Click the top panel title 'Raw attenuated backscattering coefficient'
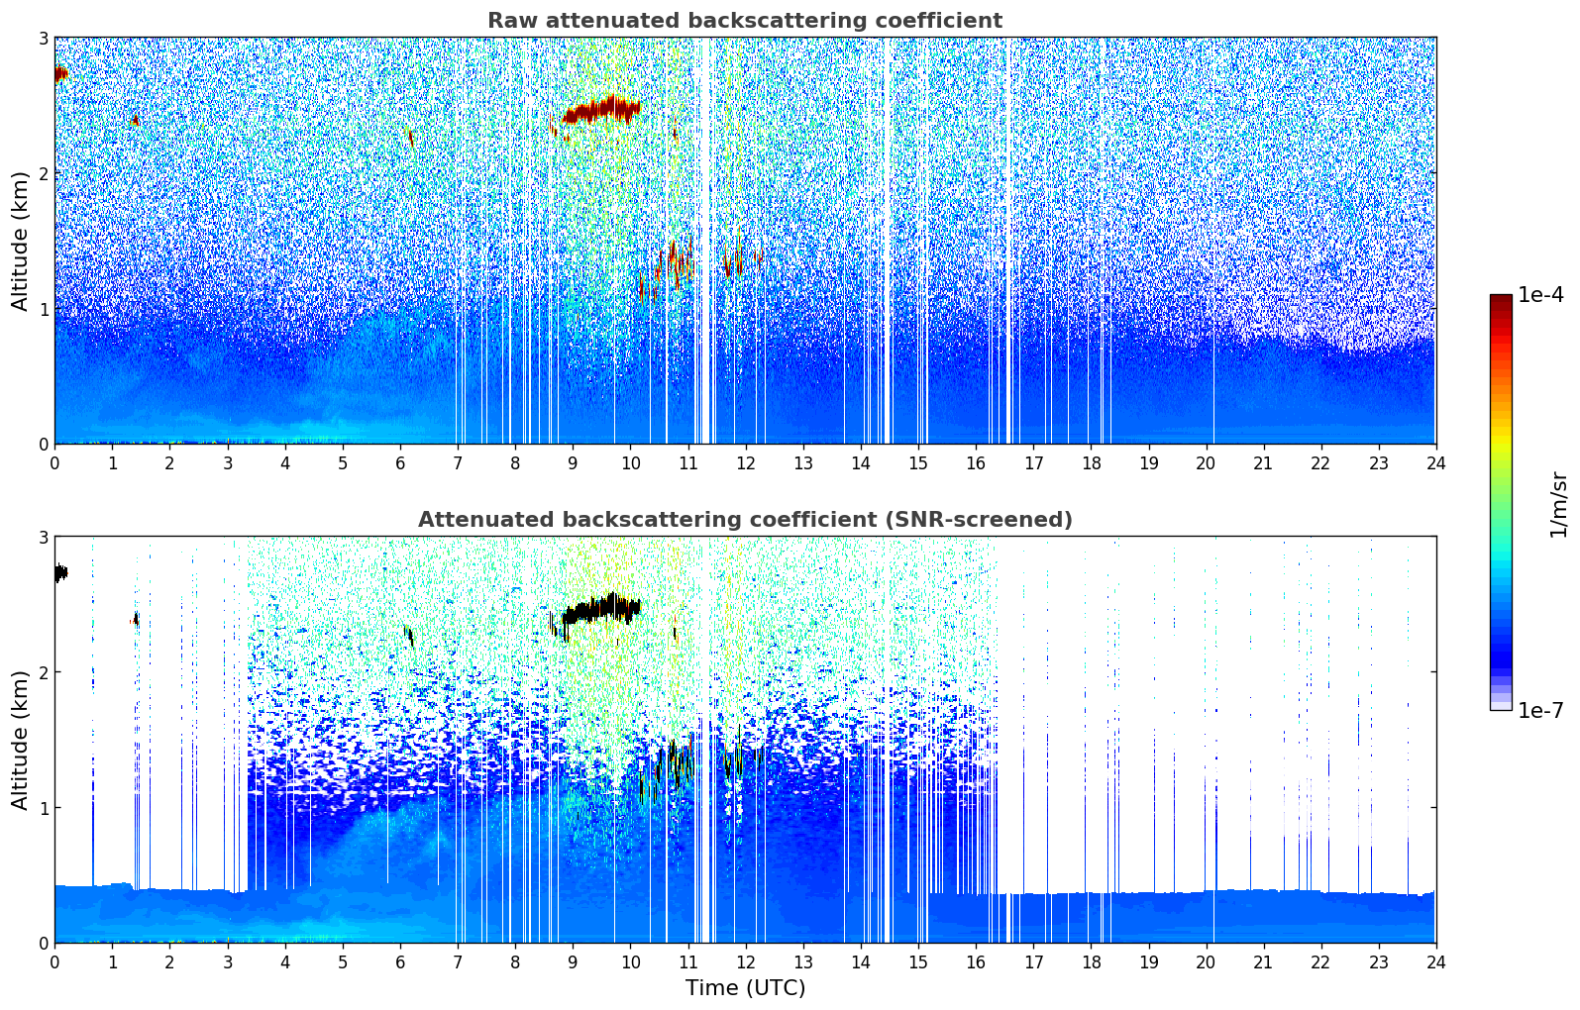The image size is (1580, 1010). click(x=744, y=21)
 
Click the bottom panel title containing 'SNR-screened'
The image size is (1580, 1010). click(x=744, y=520)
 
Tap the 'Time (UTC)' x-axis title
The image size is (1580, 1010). click(x=745, y=988)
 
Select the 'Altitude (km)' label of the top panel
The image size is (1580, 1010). click(x=20, y=241)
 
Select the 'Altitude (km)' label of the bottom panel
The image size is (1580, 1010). click(x=20, y=740)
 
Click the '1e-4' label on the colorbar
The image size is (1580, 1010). click(x=1540, y=295)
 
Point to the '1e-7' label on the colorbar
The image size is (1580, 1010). click(x=1540, y=710)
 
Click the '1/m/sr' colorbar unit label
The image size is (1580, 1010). click(x=1558, y=504)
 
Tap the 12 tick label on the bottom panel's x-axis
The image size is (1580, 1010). click(x=745, y=961)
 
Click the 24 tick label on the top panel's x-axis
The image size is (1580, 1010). click(x=1435, y=462)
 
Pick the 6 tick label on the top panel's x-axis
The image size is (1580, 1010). click(x=399, y=462)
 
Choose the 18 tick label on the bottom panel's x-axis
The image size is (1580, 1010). click(x=1091, y=961)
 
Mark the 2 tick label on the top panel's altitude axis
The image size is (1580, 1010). click(x=43, y=173)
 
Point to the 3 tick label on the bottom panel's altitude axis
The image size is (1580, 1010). click(x=43, y=537)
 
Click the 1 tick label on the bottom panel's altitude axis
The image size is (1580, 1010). click(x=43, y=808)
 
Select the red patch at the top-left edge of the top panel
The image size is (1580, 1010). click(x=60, y=73)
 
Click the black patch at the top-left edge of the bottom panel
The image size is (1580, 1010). click(x=60, y=572)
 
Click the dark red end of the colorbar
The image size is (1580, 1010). click(x=1500, y=301)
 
